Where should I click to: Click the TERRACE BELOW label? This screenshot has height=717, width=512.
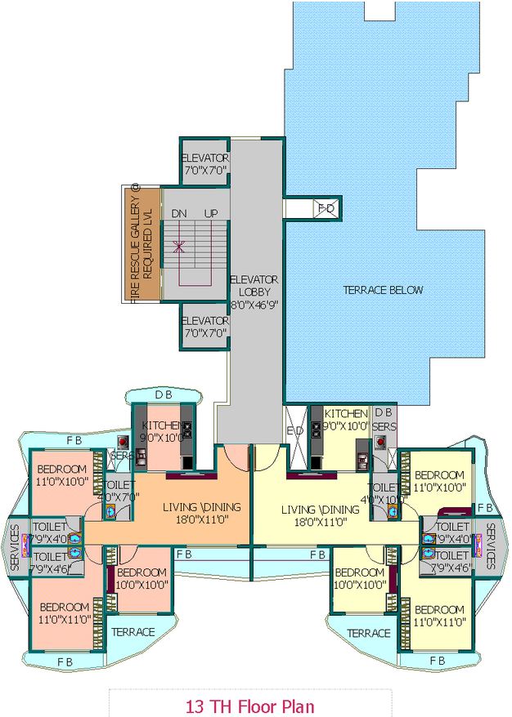(383, 290)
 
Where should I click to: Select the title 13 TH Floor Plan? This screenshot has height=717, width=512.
(249, 706)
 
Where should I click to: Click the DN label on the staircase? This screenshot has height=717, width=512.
(179, 213)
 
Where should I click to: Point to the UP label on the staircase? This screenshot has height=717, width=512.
(211, 213)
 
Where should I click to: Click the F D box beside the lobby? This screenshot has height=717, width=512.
(326, 209)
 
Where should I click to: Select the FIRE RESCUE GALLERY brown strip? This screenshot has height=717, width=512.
(141, 244)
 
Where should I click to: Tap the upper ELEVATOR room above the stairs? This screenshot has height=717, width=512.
(204, 163)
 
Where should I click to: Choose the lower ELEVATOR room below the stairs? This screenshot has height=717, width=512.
(204, 326)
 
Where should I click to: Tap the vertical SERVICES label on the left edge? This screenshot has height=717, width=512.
(14, 546)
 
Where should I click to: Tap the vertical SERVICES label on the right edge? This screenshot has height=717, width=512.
(490, 546)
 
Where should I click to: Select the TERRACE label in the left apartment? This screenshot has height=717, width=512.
(132, 632)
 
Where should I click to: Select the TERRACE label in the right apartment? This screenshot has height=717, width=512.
(368, 633)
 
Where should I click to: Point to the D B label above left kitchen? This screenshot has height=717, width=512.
(164, 395)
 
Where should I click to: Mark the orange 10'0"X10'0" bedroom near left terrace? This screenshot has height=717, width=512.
(141, 579)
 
